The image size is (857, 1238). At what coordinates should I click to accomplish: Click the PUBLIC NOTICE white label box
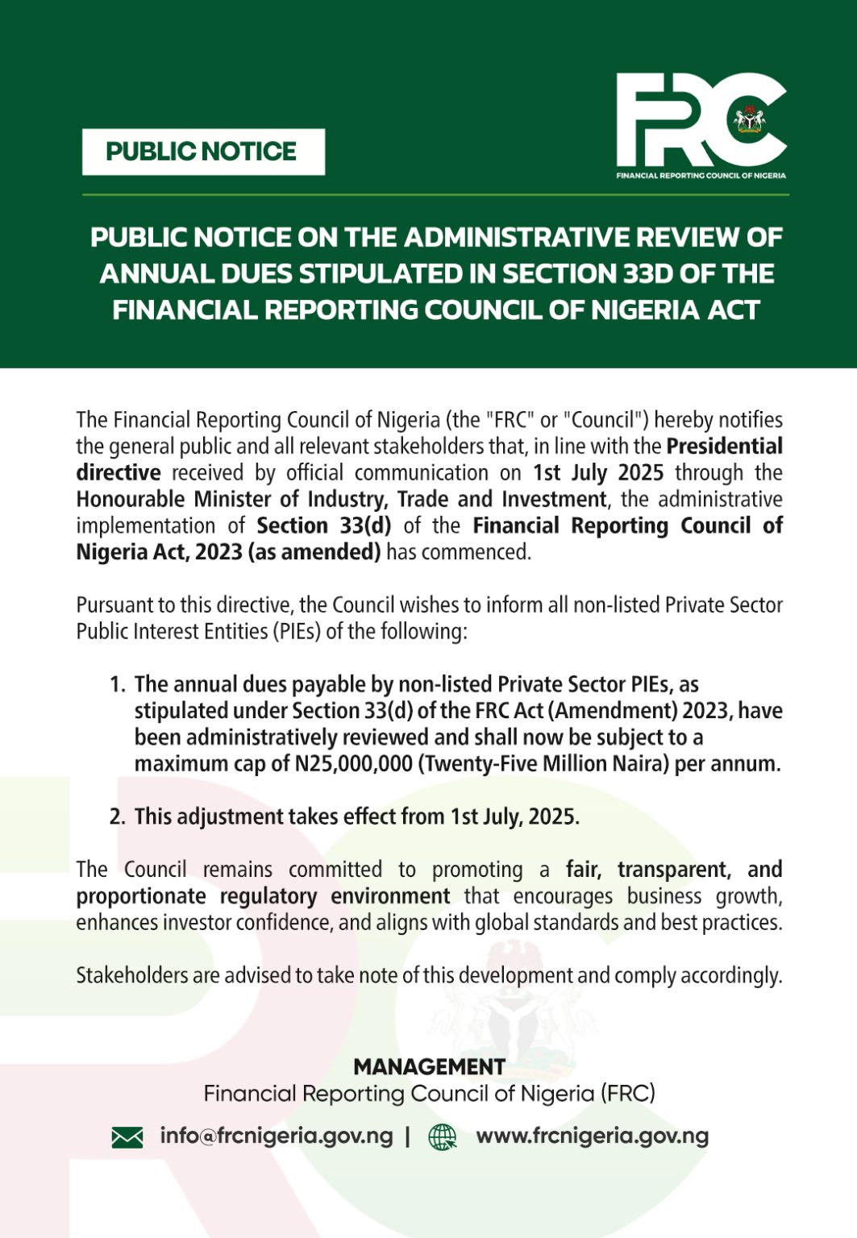(203, 152)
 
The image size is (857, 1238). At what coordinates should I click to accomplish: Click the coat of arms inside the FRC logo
(750, 121)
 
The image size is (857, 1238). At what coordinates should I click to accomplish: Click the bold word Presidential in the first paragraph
(724, 447)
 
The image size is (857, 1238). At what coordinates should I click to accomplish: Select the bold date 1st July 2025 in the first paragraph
(598, 473)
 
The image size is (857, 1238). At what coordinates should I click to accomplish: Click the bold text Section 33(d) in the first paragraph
(324, 526)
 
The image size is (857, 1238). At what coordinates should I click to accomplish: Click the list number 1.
(118, 685)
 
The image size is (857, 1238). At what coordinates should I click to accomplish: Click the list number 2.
(118, 817)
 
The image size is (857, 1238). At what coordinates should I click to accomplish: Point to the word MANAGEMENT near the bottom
(429, 1067)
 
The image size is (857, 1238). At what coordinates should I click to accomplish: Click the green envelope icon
(127, 1137)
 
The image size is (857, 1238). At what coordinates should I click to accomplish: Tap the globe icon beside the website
(442, 1137)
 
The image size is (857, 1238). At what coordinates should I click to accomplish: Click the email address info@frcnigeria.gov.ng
(277, 1136)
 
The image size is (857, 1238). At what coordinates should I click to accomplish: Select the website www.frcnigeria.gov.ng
(593, 1136)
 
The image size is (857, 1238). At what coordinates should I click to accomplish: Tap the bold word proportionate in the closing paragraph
(141, 897)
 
